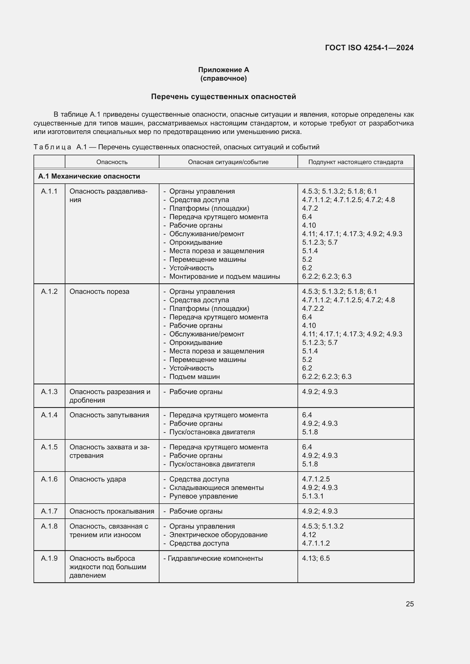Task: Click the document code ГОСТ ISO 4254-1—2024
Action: (x=369, y=48)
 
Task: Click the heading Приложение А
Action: (x=223, y=70)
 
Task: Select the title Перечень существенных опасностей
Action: (x=223, y=97)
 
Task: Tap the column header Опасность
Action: (x=112, y=162)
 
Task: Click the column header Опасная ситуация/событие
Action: (x=228, y=162)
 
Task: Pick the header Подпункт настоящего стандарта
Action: (x=355, y=162)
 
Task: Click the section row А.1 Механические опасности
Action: (x=89, y=176)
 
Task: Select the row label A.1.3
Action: (x=49, y=391)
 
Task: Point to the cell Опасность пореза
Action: (x=99, y=292)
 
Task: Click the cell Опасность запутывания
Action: (x=109, y=415)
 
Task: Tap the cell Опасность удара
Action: (x=97, y=479)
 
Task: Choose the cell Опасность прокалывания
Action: (x=112, y=511)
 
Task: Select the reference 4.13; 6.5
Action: (x=316, y=558)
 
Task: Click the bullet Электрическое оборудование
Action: (x=218, y=535)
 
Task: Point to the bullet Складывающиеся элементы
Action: (x=216, y=488)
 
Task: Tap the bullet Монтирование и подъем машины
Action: (x=224, y=277)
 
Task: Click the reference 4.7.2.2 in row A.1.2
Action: (x=313, y=309)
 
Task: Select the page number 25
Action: (x=409, y=604)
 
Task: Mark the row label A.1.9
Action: (x=49, y=558)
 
